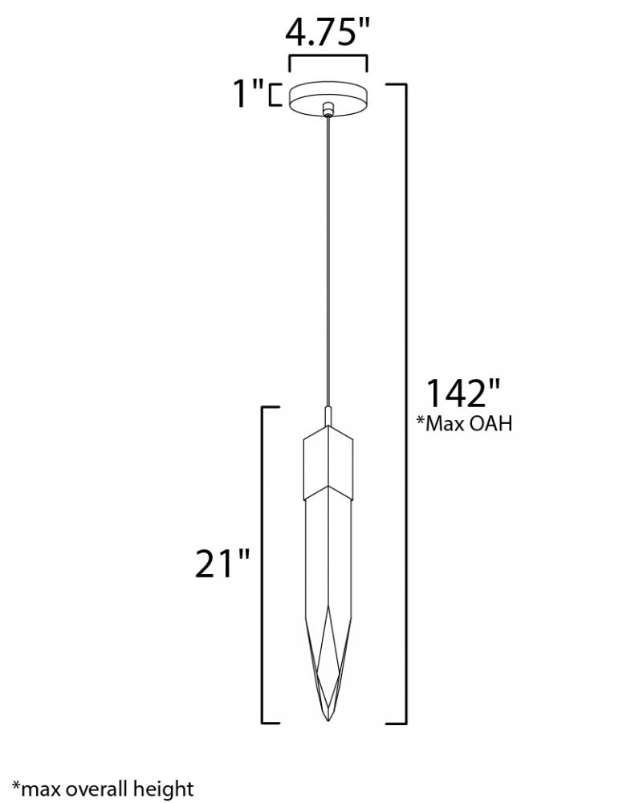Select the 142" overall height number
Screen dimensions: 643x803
(463, 393)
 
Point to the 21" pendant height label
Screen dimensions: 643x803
(222, 564)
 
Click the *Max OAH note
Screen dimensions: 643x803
(464, 423)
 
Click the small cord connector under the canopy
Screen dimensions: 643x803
(328, 110)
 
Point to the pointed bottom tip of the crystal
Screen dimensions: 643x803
(328, 722)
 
